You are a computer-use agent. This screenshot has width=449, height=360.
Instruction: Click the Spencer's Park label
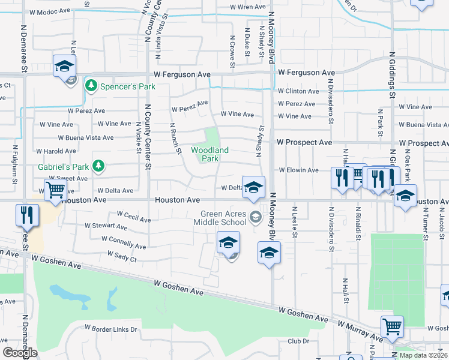pos(127,86)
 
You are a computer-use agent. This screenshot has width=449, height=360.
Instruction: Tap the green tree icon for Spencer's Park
pos(91,86)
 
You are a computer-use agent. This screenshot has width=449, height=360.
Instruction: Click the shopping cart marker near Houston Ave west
pos(55,190)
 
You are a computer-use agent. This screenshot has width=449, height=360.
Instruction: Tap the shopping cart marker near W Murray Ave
pos(392,326)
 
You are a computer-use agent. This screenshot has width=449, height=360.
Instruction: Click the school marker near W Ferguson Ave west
pos(64,66)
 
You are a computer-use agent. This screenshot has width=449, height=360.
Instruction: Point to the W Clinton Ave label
pos(298,91)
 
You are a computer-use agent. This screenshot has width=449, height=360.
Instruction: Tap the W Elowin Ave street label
pos(298,170)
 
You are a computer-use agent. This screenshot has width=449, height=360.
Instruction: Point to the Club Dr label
pos(298,341)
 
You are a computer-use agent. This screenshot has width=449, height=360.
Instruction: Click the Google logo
pos(20,353)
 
